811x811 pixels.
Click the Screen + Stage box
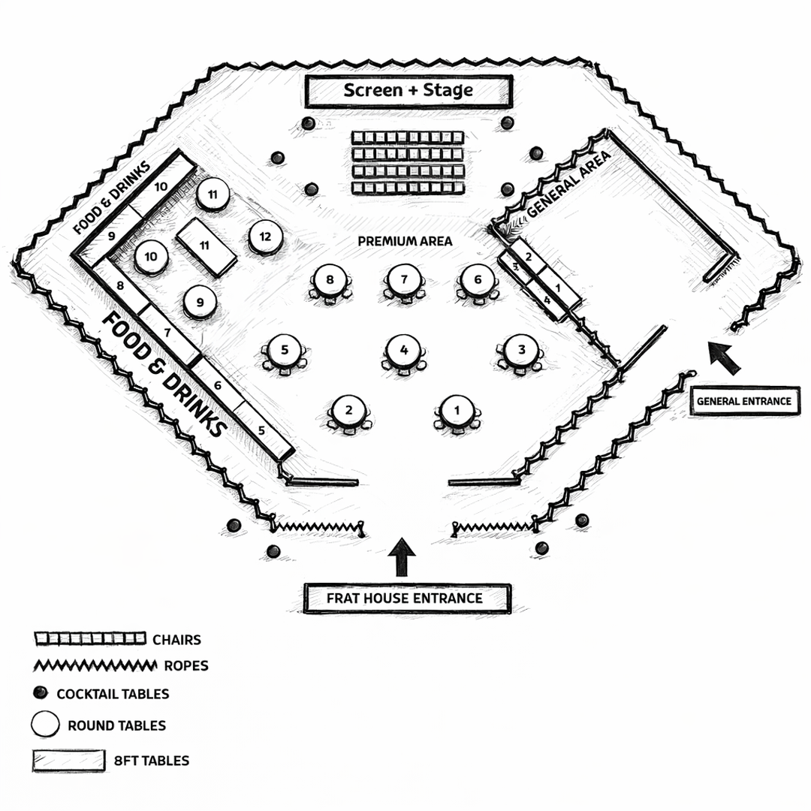(x=409, y=92)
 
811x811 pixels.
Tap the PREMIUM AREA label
(x=405, y=241)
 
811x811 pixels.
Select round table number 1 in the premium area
(x=456, y=411)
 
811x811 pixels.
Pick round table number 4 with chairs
(x=404, y=350)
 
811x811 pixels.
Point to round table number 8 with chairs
(x=330, y=280)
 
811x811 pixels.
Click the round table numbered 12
(x=264, y=237)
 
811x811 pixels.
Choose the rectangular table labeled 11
(x=206, y=246)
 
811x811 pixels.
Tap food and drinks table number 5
(x=264, y=431)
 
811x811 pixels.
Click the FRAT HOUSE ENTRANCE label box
(x=407, y=598)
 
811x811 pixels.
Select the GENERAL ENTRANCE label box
(x=743, y=401)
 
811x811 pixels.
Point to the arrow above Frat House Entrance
(x=404, y=557)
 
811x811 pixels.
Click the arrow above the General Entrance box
(x=725, y=357)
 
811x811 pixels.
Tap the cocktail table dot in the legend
(x=41, y=692)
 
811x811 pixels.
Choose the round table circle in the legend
(x=45, y=725)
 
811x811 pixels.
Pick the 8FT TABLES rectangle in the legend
(x=68, y=760)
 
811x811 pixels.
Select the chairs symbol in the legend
(x=89, y=639)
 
